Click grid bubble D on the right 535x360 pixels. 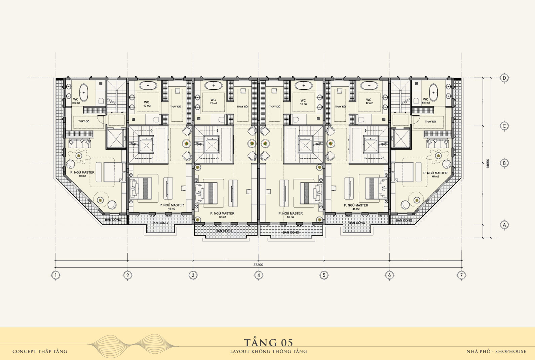coord(504,78)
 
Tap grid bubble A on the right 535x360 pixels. coord(504,225)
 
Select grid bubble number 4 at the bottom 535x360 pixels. coord(258,275)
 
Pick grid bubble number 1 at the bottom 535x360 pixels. coord(55,275)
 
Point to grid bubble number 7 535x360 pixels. coord(461,275)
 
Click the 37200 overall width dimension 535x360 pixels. coord(258,265)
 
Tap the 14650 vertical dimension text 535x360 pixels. coord(488,164)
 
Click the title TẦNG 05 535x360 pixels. coord(268,343)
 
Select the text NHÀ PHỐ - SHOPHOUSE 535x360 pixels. coord(496,352)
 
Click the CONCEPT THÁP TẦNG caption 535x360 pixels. coord(40,352)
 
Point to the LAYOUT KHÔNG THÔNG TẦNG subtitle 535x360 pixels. coord(268,352)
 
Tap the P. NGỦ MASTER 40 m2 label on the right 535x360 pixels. coord(435,174)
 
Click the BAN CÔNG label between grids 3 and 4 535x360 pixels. coord(224,231)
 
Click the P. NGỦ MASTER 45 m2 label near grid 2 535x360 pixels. coord(171,207)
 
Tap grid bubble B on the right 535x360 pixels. coord(504,163)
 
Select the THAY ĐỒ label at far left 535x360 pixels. coord(84,121)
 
